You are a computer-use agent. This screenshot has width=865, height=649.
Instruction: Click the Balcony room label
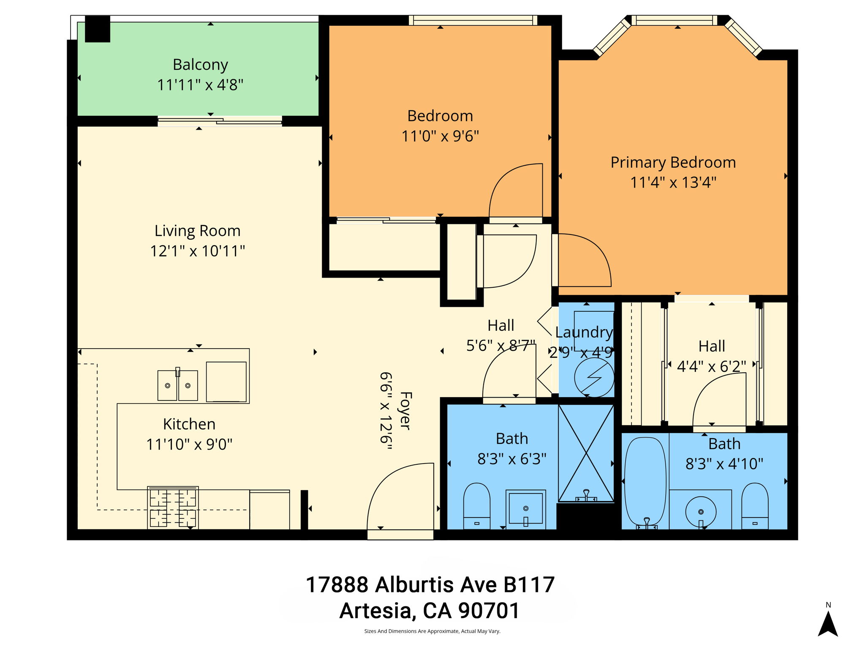[x=200, y=65]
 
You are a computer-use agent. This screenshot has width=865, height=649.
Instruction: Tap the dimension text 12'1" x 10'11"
[x=198, y=251]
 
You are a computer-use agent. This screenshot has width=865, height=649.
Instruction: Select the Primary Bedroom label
[x=673, y=162]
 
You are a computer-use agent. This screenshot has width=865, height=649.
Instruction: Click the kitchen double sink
[x=177, y=385]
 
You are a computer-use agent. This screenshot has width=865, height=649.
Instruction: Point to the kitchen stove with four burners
[x=173, y=507]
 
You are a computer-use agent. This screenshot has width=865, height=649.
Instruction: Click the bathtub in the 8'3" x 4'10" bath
[x=645, y=482]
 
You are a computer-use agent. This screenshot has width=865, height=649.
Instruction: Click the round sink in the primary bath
[x=701, y=511]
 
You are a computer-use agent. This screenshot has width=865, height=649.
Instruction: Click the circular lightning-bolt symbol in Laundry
[x=594, y=377]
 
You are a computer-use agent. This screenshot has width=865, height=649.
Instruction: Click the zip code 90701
[x=489, y=611]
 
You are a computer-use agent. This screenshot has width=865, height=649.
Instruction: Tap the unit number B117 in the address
[x=529, y=585]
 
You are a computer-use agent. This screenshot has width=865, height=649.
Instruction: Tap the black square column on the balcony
[x=98, y=29]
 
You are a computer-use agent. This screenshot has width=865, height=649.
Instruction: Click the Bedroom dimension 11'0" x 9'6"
[x=440, y=136]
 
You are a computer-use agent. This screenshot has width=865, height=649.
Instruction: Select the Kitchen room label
[x=189, y=424]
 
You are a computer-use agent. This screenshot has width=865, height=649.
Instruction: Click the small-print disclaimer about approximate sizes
[x=432, y=631]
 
